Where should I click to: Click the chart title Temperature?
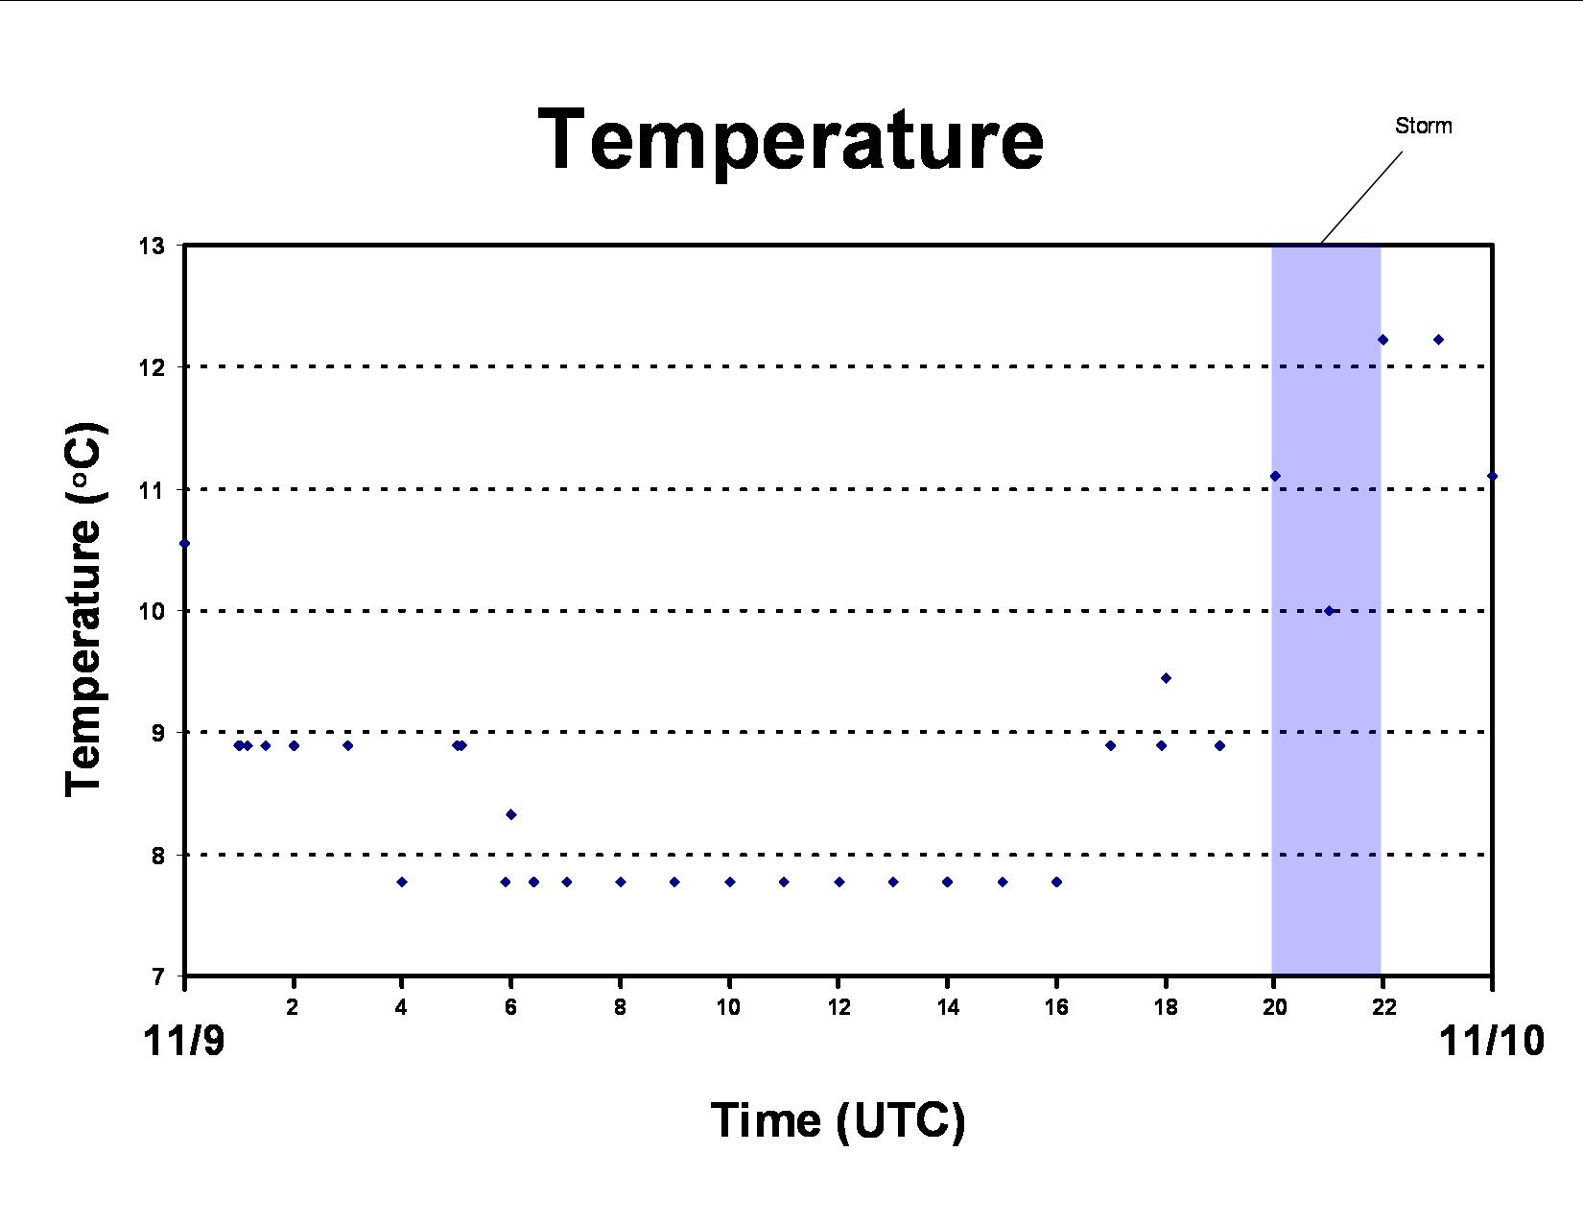click(x=791, y=141)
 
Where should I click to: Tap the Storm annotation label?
click(x=1424, y=126)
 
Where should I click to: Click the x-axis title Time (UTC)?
click(x=838, y=1120)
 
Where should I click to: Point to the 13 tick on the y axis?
click(x=152, y=247)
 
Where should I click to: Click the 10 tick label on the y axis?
click(x=152, y=610)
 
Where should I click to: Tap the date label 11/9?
click(x=183, y=1040)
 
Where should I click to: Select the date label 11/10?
click(x=1491, y=1040)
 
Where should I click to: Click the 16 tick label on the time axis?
click(x=1056, y=1007)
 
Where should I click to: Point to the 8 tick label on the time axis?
click(x=620, y=1007)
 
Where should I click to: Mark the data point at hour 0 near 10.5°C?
click(x=184, y=543)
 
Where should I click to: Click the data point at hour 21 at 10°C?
click(x=1329, y=610)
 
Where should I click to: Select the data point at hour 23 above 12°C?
click(x=1438, y=340)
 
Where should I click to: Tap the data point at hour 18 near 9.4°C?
click(x=1166, y=678)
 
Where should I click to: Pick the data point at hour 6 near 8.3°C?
click(x=511, y=814)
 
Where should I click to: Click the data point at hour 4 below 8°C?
click(x=401, y=882)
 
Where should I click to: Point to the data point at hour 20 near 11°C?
click(x=1275, y=477)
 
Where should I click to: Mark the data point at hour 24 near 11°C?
click(x=1492, y=477)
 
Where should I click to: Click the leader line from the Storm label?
click(x=1361, y=198)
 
